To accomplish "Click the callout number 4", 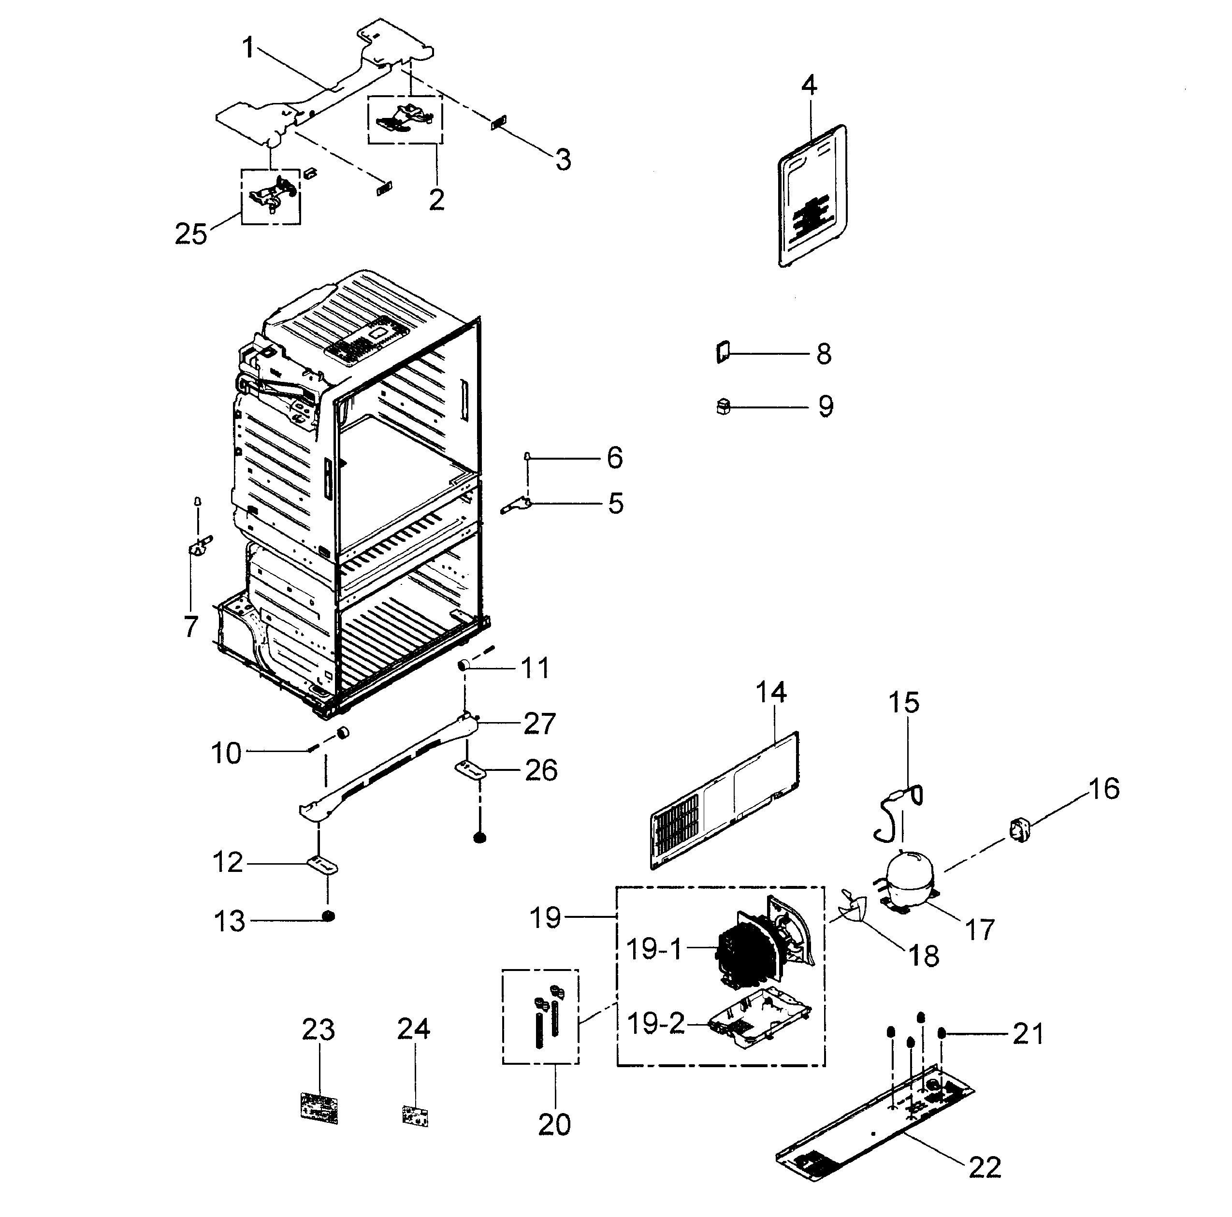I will coord(809,85).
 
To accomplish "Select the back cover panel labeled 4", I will coord(812,196).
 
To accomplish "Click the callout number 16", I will coord(1103,789).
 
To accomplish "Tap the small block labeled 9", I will coord(723,406).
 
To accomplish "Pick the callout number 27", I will coord(539,724).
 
